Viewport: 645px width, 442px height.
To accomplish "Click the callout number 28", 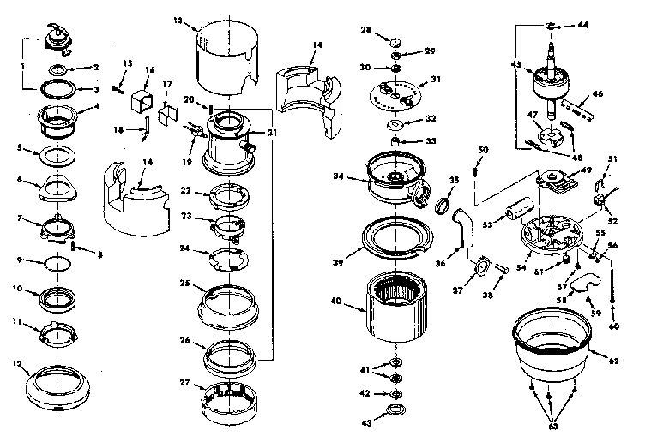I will point(366,30).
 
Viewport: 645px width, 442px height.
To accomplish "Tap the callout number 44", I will point(584,25).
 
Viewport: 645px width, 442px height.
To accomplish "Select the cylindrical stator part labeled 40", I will point(396,305).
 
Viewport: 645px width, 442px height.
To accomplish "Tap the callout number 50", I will point(483,151).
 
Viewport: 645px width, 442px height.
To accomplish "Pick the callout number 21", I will point(274,133).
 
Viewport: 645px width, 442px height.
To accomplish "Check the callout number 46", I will point(598,93).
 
